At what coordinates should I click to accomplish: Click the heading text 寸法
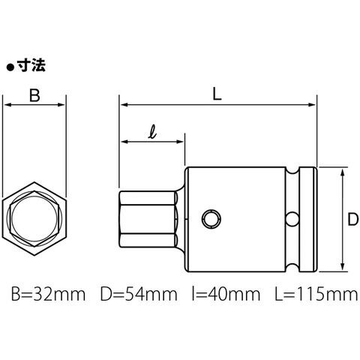pos(31,66)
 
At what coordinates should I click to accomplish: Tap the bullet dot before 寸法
pos(10,67)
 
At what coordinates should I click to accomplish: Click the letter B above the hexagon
pos(34,95)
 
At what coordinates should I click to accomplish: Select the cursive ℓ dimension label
pos(152,133)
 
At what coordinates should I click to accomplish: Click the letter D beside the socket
pos(353,220)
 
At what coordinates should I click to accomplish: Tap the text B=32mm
pos(49,294)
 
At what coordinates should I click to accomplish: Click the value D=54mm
pos(139,294)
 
